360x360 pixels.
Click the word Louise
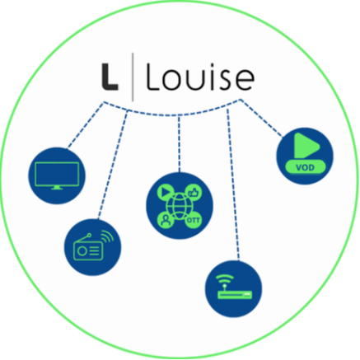(x=200, y=77)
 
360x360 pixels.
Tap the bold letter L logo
(x=110, y=77)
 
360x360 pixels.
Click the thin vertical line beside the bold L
(x=133, y=77)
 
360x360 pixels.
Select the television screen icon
(x=57, y=175)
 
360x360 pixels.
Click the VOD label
(x=306, y=167)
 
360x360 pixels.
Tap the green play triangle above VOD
(x=306, y=146)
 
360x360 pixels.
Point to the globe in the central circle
(x=179, y=206)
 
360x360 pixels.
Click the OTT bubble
(x=194, y=220)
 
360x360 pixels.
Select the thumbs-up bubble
(x=194, y=192)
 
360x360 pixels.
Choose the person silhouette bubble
(x=166, y=220)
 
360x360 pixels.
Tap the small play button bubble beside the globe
(x=166, y=192)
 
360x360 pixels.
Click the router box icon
(x=235, y=295)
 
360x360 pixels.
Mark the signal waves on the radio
(x=107, y=236)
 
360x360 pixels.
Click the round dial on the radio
(x=82, y=251)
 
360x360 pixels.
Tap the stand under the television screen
(x=57, y=188)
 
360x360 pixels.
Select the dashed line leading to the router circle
(x=233, y=185)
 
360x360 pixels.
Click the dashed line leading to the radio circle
(x=113, y=164)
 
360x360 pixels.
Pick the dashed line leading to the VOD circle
(x=261, y=118)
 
